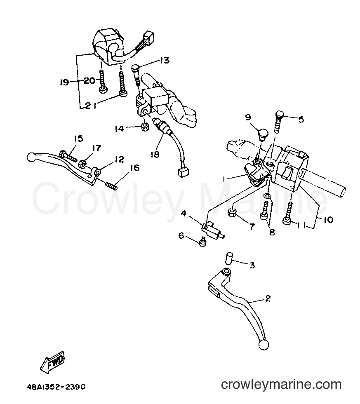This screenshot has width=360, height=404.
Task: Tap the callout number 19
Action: (63, 82)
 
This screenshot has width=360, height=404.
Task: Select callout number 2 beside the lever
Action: (268, 298)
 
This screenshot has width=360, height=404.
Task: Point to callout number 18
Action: (155, 154)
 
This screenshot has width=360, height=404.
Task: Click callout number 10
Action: (328, 220)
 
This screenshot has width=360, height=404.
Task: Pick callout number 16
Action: (135, 168)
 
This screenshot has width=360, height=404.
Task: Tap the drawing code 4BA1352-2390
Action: (56, 387)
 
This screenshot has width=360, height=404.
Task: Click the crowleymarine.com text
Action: (281, 385)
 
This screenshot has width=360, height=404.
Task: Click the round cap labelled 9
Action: (263, 135)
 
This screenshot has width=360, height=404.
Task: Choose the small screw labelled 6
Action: (203, 242)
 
